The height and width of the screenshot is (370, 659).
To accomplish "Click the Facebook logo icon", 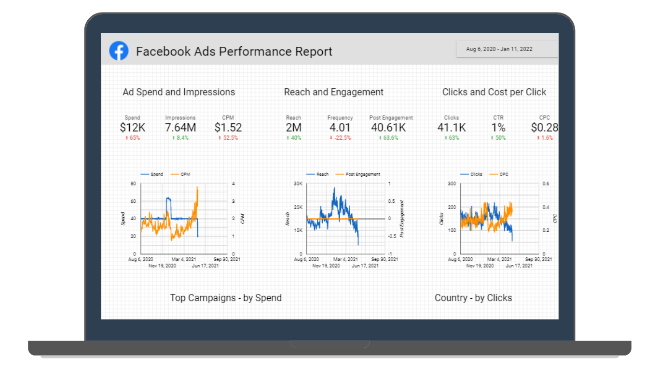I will coord(119,51).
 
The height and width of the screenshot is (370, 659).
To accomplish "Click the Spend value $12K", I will coord(132,128).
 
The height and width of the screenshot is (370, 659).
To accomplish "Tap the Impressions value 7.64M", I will coord(180,128).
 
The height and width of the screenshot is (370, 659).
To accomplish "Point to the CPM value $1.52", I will coord(228,128).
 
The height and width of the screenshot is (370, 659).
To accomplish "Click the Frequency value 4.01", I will coord(340,128).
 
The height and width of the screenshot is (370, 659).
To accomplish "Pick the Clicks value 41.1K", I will coord(452,128).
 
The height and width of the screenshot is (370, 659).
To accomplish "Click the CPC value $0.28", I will coord(544,128).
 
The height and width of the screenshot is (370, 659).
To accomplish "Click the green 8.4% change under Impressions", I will coord(180,138).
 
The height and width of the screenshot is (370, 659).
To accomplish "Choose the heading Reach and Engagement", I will coord(334,92).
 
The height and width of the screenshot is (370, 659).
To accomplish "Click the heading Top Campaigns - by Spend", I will coord(226,298).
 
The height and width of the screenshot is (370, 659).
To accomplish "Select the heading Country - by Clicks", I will coord(473,298).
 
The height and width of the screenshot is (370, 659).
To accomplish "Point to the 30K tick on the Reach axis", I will coord(298,184).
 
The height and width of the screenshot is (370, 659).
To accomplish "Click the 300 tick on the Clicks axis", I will coord(452,184).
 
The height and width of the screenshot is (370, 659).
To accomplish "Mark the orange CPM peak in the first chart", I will coord(197,187).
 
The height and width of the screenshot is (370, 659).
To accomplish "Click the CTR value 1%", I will coord(498,128).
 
